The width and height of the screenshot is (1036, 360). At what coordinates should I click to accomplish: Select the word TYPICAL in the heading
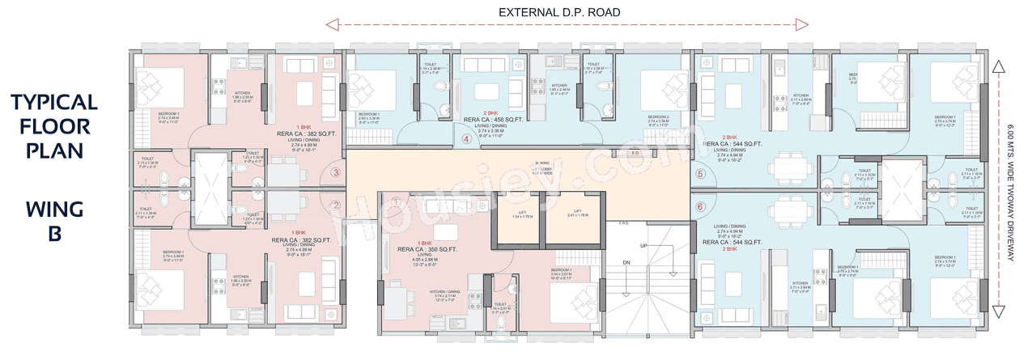[x=54, y=102]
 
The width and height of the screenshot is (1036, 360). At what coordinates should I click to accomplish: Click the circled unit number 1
[x=396, y=201]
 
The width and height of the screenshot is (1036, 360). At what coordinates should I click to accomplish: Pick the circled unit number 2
[x=336, y=205]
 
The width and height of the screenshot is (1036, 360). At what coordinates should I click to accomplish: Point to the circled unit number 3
[x=336, y=172]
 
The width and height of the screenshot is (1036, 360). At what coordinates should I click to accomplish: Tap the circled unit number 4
[x=466, y=138]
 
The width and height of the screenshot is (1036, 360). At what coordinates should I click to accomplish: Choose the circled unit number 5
[x=700, y=174]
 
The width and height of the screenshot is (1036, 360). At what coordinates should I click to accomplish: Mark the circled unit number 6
[x=700, y=206]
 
